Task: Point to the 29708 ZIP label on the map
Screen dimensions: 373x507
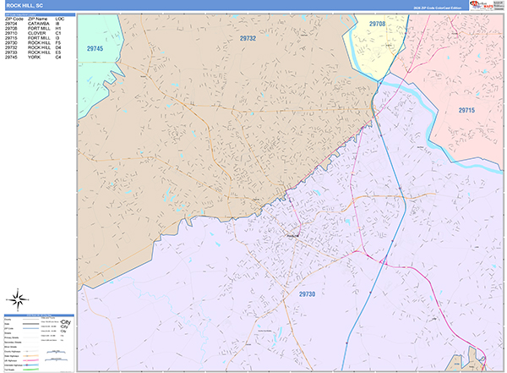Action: (377, 25)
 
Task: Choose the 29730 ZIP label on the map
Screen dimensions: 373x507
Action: (309, 293)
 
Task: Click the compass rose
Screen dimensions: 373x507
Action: (18, 299)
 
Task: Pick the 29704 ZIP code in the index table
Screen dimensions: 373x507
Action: (12, 24)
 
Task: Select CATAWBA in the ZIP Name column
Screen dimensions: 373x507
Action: (39, 24)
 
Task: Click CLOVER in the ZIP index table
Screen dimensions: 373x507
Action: (37, 33)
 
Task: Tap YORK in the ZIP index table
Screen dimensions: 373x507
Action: (35, 57)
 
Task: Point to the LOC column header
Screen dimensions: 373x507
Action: (59, 19)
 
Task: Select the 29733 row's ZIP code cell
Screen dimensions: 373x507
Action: (12, 52)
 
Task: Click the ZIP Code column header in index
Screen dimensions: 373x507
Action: (13, 19)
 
